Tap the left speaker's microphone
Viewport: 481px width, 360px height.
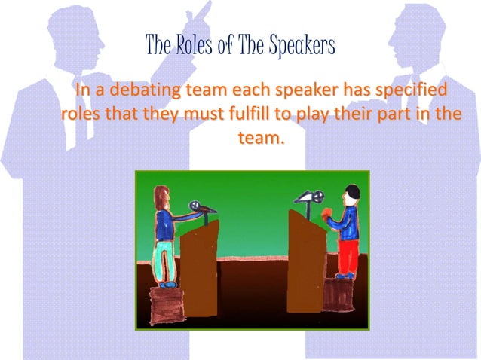tap(195, 206)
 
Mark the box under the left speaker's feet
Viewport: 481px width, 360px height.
tap(166, 305)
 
